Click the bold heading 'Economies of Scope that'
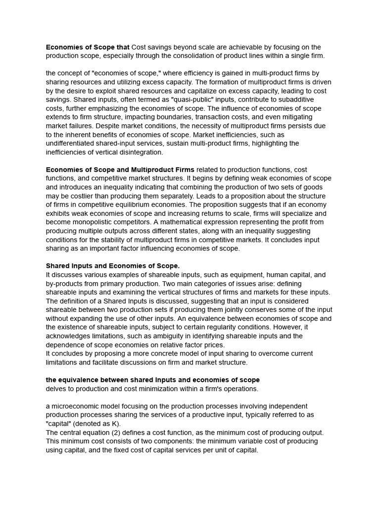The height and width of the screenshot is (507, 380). [88, 47]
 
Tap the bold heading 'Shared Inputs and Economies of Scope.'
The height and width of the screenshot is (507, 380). [113, 266]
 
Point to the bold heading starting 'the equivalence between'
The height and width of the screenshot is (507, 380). [152, 380]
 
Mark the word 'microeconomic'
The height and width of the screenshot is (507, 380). [77, 406]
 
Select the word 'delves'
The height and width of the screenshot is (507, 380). [57, 389]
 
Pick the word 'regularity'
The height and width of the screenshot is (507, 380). [244, 327]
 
